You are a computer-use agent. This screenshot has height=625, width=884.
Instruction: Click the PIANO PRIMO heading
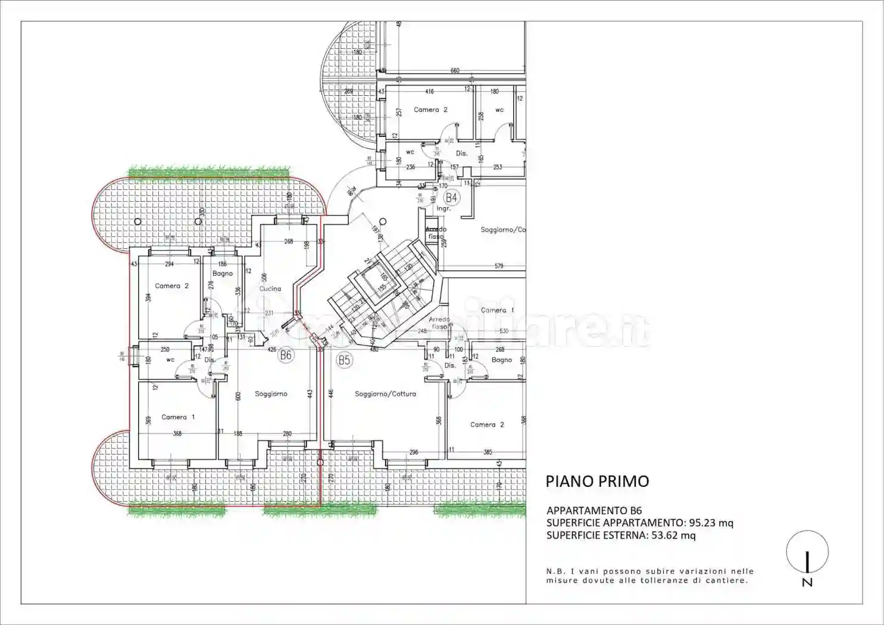[597, 481]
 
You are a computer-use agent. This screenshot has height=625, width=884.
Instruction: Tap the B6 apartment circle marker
[286, 355]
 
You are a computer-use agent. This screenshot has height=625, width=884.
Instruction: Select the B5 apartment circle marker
[344, 360]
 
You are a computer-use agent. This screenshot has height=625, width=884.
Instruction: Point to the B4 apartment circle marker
[452, 197]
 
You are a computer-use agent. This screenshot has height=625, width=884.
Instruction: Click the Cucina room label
[270, 289]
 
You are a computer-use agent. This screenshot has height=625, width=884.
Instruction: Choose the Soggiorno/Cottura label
[385, 393]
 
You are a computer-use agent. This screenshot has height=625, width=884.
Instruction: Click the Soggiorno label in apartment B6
[271, 393]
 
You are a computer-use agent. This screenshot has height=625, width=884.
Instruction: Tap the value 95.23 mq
[711, 523]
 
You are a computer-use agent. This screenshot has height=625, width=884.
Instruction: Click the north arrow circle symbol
[807, 552]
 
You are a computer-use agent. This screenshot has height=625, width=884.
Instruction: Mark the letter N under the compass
[807, 583]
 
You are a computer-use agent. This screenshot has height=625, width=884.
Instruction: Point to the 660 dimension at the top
[455, 71]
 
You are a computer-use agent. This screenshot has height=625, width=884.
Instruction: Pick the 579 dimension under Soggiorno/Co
[499, 266]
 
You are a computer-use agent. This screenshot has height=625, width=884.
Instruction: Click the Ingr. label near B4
[443, 209]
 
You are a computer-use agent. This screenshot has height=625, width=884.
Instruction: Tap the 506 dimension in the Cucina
[264, 278]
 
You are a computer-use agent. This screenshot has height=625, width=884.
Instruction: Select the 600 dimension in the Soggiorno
[238, 396]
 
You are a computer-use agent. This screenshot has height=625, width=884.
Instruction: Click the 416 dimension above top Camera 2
[429, 92]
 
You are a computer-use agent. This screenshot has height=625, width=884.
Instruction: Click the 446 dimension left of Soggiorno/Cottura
[331, 393]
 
